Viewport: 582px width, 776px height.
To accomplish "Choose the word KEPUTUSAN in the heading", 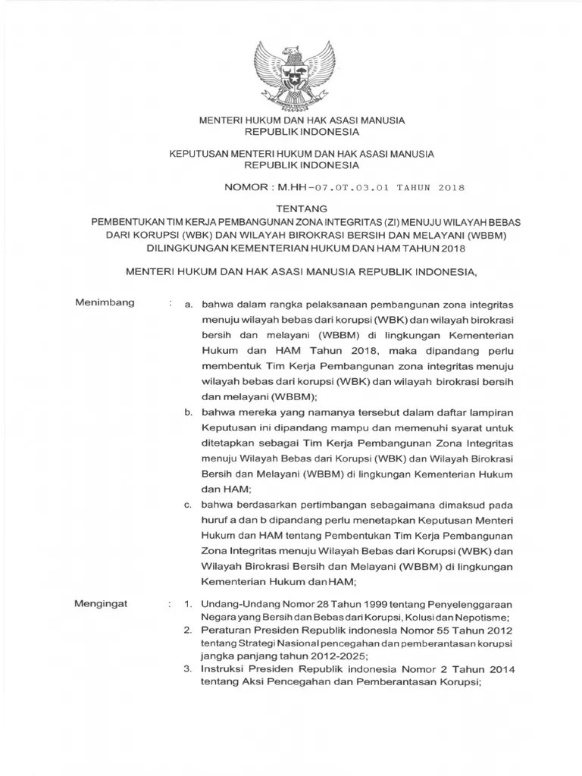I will (x=199, y=153).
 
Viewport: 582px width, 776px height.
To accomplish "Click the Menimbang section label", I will (x=105, y=303).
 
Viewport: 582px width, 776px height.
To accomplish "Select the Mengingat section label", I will (x=102, y=603).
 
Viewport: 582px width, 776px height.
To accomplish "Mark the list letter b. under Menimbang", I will (x=189, y=412).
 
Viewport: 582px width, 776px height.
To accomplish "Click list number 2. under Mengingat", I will (x=188, y=630).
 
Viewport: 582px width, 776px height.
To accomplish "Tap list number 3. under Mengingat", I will (x=188, y=669).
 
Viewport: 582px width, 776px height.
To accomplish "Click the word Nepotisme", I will (x=481, y=617).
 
